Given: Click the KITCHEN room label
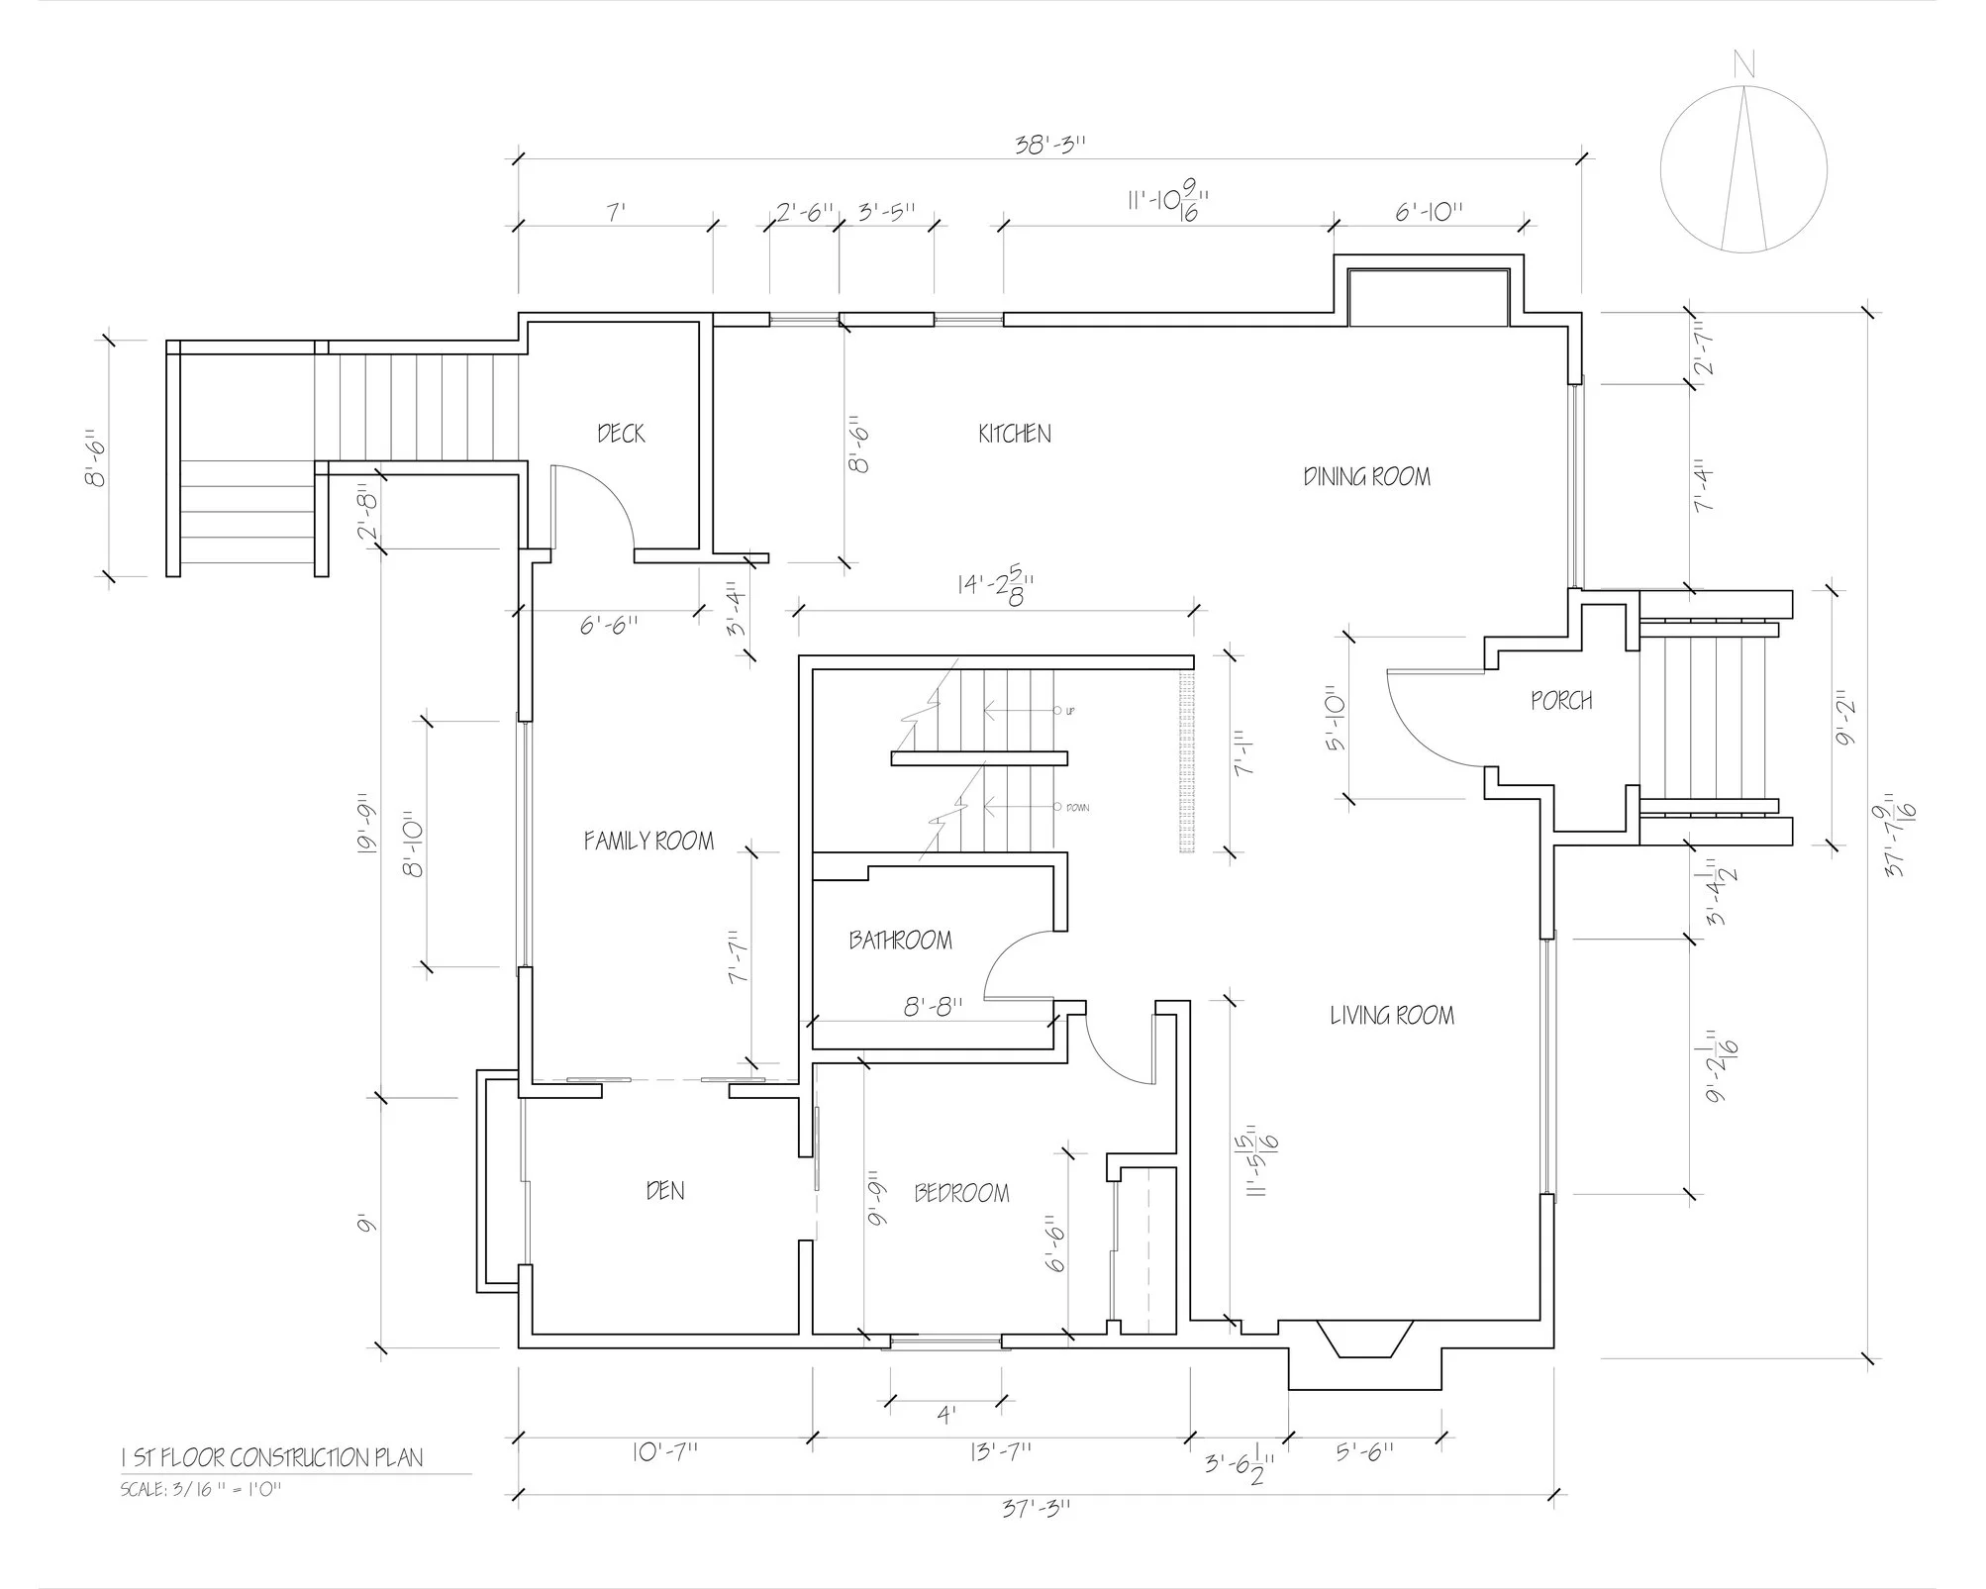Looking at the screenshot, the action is point(1014,434).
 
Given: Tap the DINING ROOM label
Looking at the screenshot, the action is point(1366,477).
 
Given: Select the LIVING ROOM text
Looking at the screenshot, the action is point(1391,1015).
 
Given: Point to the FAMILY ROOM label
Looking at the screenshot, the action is point(648,842).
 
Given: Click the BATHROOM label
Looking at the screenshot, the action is point(900,940).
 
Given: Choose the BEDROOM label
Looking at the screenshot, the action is point(961,1193).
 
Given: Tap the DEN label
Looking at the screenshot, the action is point(664,1190).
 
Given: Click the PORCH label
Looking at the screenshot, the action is point(1561,701).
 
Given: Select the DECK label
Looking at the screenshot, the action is point(621,434).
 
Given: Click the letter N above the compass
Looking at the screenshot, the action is point(1743,66).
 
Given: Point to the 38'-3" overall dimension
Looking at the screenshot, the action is point(1050,145).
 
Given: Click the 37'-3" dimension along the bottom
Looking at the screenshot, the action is point(1036,1508).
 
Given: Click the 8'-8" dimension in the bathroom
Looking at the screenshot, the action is point(933,1008).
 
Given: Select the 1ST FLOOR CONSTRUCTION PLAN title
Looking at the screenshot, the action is point(271,1457).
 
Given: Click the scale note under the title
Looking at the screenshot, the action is point(201,1489).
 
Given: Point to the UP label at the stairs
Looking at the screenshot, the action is point(1070,711).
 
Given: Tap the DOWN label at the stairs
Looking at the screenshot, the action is point(1077,808).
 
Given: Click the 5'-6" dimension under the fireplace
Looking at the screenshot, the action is point(1365,1452).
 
